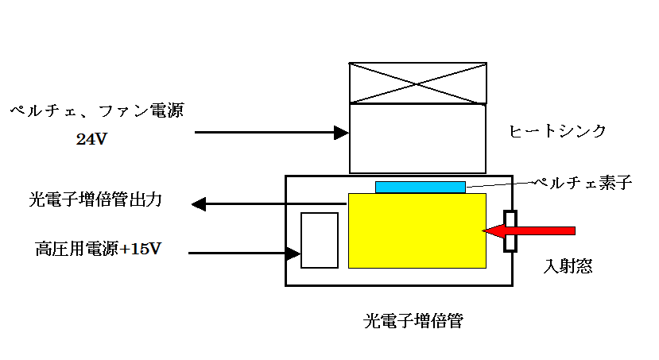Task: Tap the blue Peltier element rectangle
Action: tap(421, 187)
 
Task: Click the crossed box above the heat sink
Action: tap(418, 83)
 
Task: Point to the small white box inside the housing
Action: tap(320, 240)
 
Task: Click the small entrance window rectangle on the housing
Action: tap(510, 231)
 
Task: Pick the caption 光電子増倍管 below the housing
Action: tap(413, 322)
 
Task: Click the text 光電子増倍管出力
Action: tap(95, 200)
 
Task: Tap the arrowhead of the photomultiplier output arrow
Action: tap(199, 204)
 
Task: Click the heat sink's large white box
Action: tap(418, 138)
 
